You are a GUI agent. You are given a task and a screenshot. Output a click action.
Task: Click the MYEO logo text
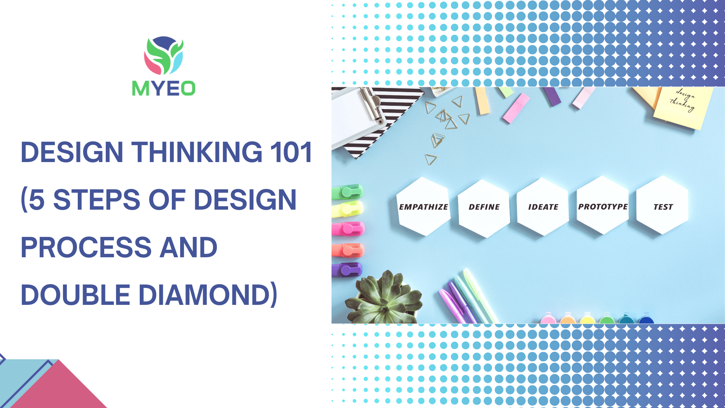click(164, 88)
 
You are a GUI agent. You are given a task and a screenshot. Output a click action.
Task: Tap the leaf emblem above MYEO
click(164, 55)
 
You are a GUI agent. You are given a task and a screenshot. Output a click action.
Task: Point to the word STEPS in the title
click(97, 200)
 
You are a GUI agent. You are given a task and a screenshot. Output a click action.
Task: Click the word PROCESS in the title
click(86, 247)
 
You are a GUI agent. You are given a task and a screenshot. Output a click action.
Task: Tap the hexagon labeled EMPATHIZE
click(424, 207)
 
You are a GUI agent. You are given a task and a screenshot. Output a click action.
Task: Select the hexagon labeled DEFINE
click(484, 208)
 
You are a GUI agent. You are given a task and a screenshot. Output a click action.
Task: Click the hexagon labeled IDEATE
click(543, 207)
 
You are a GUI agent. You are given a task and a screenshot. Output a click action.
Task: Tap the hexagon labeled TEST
click(663, 205)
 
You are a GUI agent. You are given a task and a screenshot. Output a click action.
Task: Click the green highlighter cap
click(347, 192)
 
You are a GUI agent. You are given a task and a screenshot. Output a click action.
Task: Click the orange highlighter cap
click(348, 250)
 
